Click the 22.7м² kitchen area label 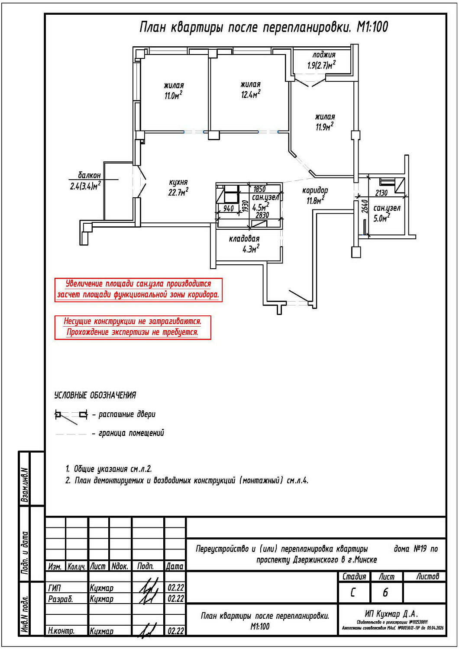(x=178, y=192)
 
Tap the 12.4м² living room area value (x=251, y=94)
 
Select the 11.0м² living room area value (x=173, y=95)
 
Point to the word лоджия (x=324, y=55)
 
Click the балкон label (x=89, y=175)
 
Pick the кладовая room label (x=244, y=238)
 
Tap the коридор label (x=315, y=190)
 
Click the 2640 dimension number (x=365, y=206)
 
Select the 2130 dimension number (x=381, y=193)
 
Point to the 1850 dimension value (x=259, y=189)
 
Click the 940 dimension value (x=228, y=209)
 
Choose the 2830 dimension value (x=262, y=215)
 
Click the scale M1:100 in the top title (x=372, y=27)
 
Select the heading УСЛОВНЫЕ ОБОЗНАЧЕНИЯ (x=95, y=395)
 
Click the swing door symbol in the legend (x=71, y=416)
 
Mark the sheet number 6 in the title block (x=385, y=592)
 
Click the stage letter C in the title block (x=353, y=592)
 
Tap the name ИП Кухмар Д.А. (x=391, y=614)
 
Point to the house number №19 (x=420, y=549)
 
